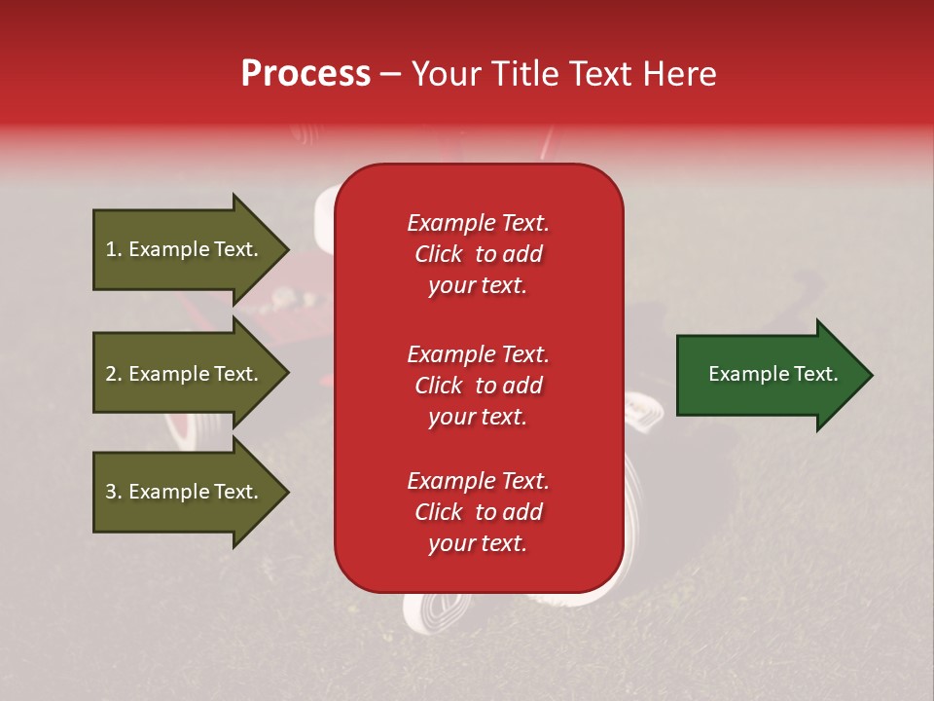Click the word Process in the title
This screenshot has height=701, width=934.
click(x=305, y=74)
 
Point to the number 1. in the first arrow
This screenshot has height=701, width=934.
click(x=114, y=249)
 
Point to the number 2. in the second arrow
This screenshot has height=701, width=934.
click(x=114, y=374)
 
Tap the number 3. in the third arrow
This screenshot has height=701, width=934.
click(x=114, y=492)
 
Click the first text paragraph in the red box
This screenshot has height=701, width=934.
click(x=478, y=254)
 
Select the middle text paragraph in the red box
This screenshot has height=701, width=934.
click(x=478, y=386)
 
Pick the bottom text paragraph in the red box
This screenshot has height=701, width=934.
click(x=478, y=512)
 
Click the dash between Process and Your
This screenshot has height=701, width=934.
click(x=391, y=75)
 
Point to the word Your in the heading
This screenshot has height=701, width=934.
click(x=444, y=74)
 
